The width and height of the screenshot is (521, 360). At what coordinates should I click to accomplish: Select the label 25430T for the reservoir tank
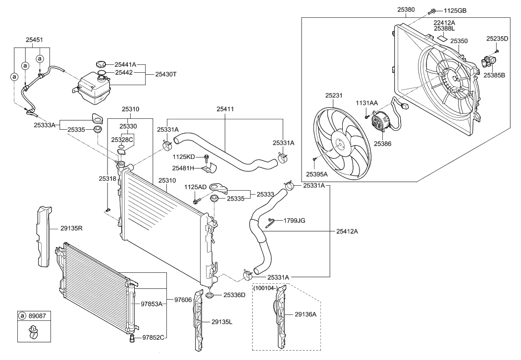165,74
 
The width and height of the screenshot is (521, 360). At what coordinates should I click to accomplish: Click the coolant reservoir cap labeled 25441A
101,64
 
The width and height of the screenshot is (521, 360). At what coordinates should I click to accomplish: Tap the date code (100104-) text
267,287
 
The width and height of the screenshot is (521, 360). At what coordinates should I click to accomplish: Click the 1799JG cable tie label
294,221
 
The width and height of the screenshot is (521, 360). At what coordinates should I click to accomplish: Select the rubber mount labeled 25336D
210,296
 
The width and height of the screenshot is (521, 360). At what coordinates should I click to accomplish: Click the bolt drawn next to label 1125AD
197,201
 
